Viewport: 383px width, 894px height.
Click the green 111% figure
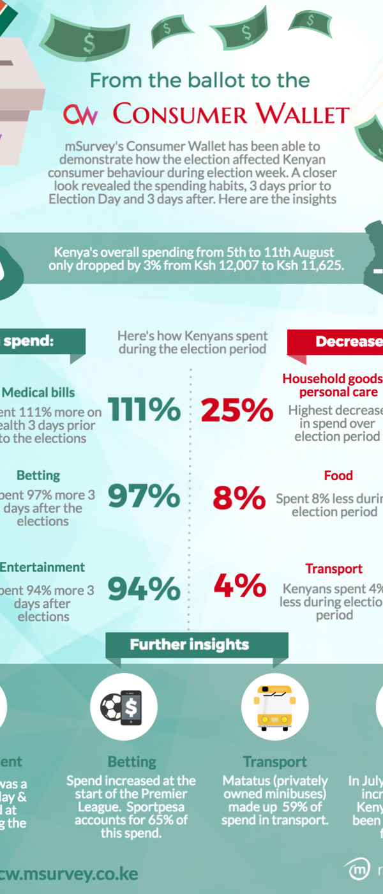point(144,409)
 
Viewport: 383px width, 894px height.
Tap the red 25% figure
point(237,409)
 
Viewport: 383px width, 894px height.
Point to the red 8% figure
point(239,497)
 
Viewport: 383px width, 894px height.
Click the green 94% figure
point(144,588)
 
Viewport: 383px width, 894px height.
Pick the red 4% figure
point(239,586)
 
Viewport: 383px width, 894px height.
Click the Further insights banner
point(190,644)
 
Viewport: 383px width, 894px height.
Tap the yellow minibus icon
point(274,707)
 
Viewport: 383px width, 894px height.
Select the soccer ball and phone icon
point(124,707)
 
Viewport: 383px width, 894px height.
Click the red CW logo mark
point(80,115)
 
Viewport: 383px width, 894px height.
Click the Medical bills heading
point(38,393)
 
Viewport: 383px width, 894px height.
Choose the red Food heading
point(338,476)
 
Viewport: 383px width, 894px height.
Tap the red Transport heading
point(334,569)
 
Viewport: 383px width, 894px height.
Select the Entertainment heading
point(42,567)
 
